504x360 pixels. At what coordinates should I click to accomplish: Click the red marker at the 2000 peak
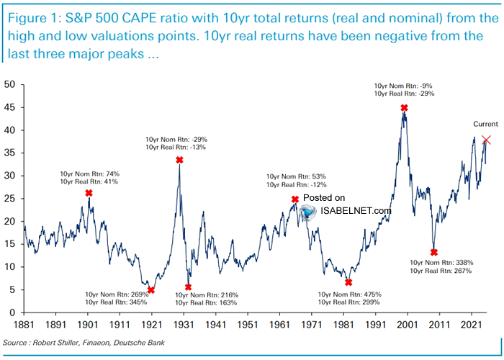pyautogui.click(x=405, y=108)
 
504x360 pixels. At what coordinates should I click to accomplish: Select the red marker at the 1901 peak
pyautogui.click(x=89, y=193)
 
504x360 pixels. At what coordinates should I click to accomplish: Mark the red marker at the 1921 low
pyautogui.click(x=151, y=290)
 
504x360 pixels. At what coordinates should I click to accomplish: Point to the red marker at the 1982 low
pyautogui.click(x=348, y=282)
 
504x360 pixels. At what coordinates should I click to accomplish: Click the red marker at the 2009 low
pyautogui.click(x=434, y=252)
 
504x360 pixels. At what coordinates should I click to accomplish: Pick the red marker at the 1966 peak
pyautogui.click(x=295, y=199)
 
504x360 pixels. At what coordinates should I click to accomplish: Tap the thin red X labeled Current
pyautogui.click(x=487, y=140)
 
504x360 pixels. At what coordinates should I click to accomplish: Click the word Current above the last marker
pyautogui.click(x=485, y=124)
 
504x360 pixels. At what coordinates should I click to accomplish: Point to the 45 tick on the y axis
pyautogui.click(x=10, y=107)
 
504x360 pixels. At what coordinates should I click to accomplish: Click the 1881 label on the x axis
pyautogui.click(x=24, y=325)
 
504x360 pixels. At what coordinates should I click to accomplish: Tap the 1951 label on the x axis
pyautogui.click(x=248, y=325)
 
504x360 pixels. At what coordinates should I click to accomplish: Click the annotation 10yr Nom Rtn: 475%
pyautogui.click(x=350, y=294)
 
